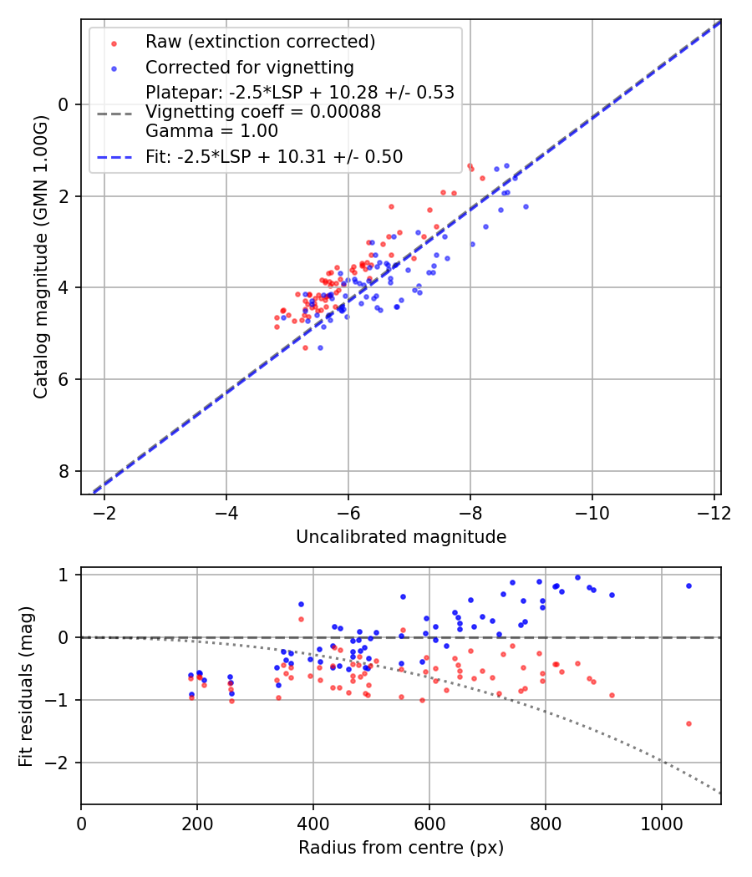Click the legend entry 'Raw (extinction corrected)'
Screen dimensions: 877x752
(260, 42)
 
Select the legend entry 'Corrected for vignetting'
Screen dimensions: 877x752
(249, 67)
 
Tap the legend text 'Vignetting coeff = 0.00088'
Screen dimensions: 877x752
(263, 112)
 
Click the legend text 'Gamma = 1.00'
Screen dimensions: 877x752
(211, 131)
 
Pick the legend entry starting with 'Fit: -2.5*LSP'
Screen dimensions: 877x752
(274, 156)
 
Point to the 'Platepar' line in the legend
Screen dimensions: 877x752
(299, 93)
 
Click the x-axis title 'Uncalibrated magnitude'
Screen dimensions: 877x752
(400, 537)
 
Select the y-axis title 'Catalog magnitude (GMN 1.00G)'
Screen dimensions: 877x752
(41, 256)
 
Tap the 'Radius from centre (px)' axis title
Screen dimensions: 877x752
(400, 848)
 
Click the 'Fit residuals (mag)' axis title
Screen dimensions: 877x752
(26, 686)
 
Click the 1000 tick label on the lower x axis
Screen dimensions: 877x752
(662, 822)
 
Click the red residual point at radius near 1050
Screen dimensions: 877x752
(688, 723)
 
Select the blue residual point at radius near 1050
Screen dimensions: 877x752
(688, 586)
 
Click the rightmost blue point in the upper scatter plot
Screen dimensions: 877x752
(526, 206)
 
